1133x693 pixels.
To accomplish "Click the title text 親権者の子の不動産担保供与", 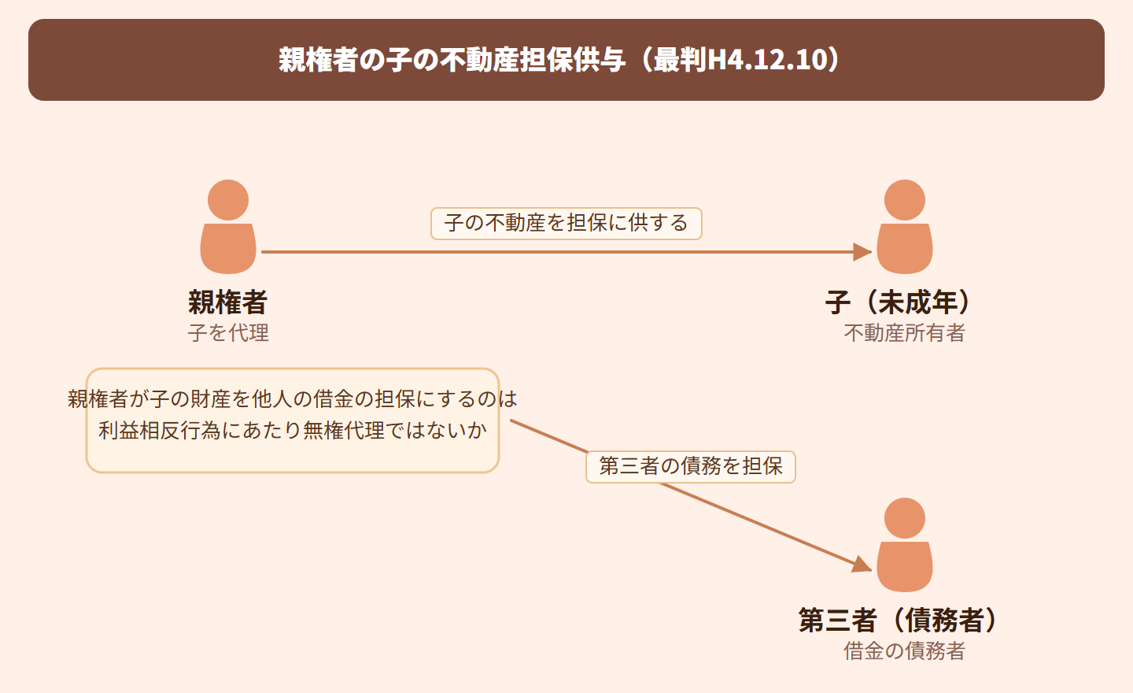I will (452, 60).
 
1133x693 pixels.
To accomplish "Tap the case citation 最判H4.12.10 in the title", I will (740, 60).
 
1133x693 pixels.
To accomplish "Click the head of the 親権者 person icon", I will (228, 200).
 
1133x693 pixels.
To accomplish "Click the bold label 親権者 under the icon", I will (228, 302).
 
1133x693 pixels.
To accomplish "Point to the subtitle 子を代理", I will (228, 333).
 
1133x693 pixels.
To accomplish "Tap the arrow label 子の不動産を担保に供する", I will (566, 224).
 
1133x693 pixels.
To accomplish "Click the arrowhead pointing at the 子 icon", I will (863, 252).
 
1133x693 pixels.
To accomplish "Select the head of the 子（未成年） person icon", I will (905, 200).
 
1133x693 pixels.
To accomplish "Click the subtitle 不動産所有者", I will (904, 333).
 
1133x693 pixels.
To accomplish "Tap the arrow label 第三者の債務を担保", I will (691, 466).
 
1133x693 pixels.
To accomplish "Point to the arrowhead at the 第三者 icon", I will (862, 565).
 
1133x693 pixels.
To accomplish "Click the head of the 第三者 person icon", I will (905, 518).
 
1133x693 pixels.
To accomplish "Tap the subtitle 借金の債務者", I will (904, 651).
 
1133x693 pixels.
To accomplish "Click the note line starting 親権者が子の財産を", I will (293, 399).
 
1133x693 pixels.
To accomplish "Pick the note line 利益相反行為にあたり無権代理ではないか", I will (293, 431).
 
